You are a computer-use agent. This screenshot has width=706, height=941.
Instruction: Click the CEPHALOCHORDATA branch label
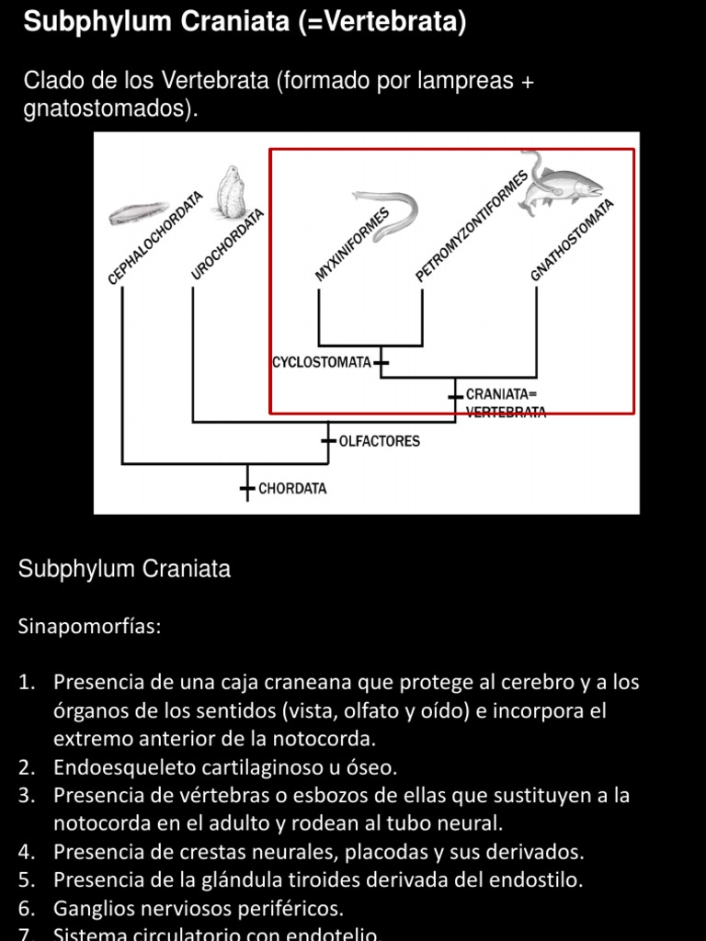154,238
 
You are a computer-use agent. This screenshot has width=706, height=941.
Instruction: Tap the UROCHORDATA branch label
228,244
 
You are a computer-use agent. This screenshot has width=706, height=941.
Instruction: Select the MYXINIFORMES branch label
352,244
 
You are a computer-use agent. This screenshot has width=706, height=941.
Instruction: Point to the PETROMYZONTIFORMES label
472,226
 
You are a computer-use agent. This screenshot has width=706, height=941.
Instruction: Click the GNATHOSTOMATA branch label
572,240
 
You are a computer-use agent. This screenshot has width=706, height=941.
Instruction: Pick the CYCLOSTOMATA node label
322,363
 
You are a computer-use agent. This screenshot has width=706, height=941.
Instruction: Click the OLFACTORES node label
380,441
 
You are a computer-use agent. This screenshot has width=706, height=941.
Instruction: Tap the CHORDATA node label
292,489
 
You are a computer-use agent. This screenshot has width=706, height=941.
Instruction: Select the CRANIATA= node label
501,394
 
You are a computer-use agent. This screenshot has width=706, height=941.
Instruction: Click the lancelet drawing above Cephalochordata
138,213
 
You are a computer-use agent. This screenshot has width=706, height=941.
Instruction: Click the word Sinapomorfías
89,627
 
